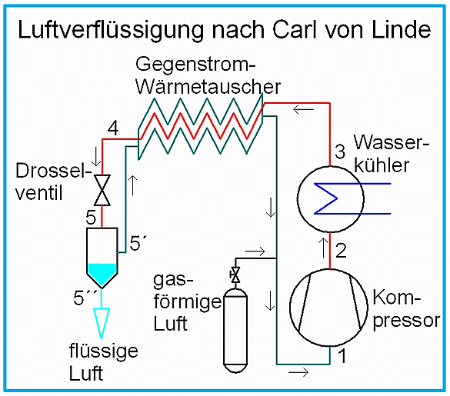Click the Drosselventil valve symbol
(x=102, y=190)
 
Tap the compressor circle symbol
(x=328, y=308)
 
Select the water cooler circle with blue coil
(x=331, y=199)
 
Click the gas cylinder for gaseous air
(x=235, y=331)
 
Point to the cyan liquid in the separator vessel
(x=102, y=274)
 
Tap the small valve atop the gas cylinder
(x=235, y=275)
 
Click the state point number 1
(x=342, y=356)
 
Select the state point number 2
(x=341, y=251)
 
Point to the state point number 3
(x=340, y=151)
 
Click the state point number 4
(x=113, y=128)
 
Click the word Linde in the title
(x=402, y=29)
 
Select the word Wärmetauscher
(x=208, y=87)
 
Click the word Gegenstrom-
(x=195, y=65)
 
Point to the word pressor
(x=406, y=321)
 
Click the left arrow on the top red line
(x=303, y=109)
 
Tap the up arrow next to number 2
(x=323, y=248)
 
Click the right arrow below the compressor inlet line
(x=298, y=372)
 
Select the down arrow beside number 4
(x=96, y=157)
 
